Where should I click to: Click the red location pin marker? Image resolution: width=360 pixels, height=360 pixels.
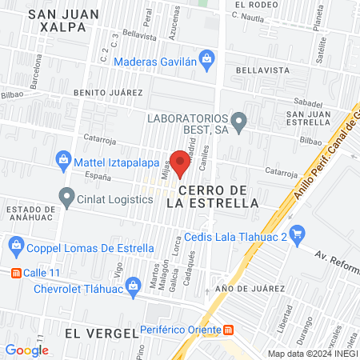pos(180,162)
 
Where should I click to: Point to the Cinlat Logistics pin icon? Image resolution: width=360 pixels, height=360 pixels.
pos(66,194)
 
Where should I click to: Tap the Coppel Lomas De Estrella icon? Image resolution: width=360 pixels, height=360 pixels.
pos(14,245)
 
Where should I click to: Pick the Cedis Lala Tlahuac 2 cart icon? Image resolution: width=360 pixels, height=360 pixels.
pos(298,234)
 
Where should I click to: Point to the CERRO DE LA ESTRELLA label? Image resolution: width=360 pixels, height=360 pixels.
pos(218,196)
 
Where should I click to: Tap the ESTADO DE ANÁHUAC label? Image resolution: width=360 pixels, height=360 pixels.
pos(32,215)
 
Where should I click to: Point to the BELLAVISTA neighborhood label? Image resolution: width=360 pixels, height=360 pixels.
pos(263,70)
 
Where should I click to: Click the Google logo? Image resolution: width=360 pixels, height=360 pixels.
pos(27,349)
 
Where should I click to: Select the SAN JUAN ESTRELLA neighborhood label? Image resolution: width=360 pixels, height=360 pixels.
pos(314,118)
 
